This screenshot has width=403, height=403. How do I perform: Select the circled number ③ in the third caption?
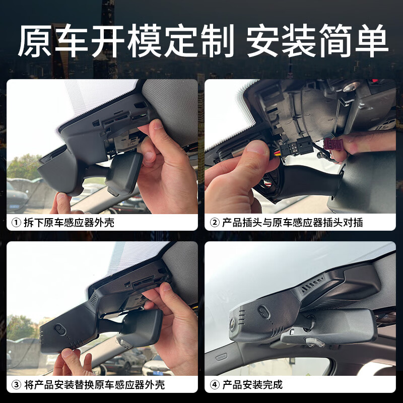tap(16, 385)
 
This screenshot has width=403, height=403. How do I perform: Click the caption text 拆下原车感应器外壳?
tap(69, 222)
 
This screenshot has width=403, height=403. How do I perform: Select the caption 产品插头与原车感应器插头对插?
tap(292, 222)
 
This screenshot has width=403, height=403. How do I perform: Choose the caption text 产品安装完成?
tap(252, 385)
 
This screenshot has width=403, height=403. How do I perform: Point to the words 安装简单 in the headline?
tap(317, 41)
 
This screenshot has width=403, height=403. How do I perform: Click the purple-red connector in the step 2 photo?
tap(333, 144)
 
